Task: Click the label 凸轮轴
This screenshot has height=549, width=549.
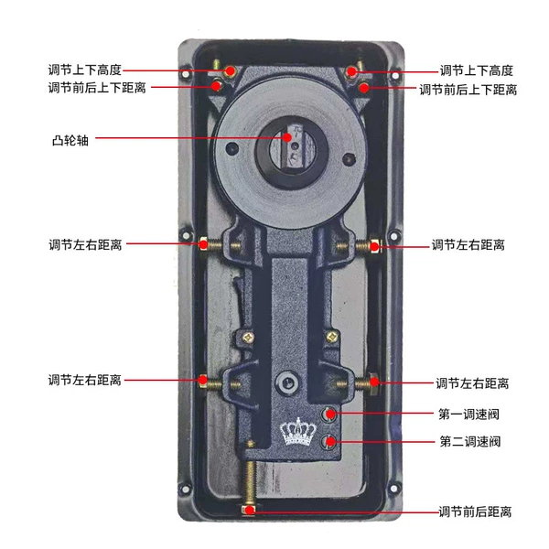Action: pyautogui.click(x=70, y=140)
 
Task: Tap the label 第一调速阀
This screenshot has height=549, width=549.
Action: pyautogui.click(x=468, y=414)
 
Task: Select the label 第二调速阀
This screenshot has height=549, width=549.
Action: pyautogui.click(x=470, y=441)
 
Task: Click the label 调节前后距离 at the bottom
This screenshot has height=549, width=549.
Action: pyautogui.click(x=475, y=511)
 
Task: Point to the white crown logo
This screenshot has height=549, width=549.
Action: pyautogui.click(x=298, y=433)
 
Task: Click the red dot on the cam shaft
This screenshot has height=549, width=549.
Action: pyautogui.click(x=287, y=137)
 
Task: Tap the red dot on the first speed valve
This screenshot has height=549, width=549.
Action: pyautogui.click(x=330, y=414)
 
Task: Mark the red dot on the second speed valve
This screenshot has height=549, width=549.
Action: pyautogui.click(x=330, y=441)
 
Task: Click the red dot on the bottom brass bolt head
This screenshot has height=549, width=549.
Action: pyautogui.click(x=249, y=511)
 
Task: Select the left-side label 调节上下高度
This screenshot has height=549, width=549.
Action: pyautogui.click(x=85, y=70)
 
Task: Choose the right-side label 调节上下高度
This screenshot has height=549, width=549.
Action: pyautogui.click(x=476, y=70)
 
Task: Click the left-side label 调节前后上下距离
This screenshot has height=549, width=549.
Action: pyautogui.click(x=97, y=87)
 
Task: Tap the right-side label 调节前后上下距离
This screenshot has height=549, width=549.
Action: pyautogui.click(x=468, y=90)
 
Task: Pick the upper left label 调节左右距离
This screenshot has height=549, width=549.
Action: pyautogui.click(x=85, y=244)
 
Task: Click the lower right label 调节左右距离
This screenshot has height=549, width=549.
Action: pyautogui.click(x=472, y=383)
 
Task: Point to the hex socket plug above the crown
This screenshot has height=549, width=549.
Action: pyautogui.click(x=287, y=382)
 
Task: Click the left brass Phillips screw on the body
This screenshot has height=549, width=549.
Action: pyautogui.click(x=248, y=338)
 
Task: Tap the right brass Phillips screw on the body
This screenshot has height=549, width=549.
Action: pyautogui.click(x=332, y=337)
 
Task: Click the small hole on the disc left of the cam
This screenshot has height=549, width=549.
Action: pyautogui.click(x=232, y=148)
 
